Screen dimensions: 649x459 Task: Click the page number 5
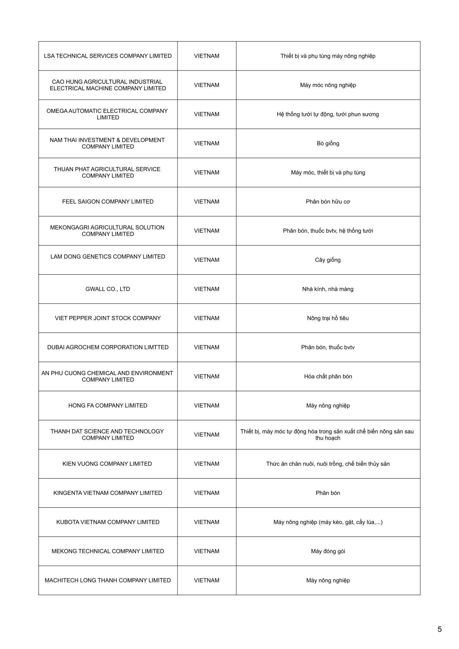(x=439, y=629)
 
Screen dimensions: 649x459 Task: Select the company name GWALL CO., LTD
(x=107, y=289)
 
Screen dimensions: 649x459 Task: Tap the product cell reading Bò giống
(x=328, y=143)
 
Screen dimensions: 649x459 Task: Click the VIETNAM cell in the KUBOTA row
(x=206, y=522)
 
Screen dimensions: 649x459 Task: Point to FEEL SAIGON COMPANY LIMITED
(x=107, y=201)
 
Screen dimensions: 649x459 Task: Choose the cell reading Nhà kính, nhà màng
(x=328, y=289)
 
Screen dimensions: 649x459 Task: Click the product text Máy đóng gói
(x=328, y=551)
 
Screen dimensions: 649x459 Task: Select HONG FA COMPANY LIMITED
(x=107, y=405)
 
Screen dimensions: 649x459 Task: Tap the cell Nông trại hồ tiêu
(x=328, y=318)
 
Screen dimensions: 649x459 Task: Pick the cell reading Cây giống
(x=328, y=260)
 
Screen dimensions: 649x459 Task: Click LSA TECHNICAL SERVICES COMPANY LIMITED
(x=107, y=56)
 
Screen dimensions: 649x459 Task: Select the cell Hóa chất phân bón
(x=328, y=376)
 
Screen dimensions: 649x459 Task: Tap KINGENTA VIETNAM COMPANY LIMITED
(x=107, y=493)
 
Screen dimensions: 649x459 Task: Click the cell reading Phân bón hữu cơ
(x=328, y=201)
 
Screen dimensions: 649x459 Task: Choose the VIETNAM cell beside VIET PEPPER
(x=206, y=318)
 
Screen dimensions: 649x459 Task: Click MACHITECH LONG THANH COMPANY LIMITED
(x=107, y=580)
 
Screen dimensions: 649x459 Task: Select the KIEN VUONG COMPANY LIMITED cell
(x=107, y=464)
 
